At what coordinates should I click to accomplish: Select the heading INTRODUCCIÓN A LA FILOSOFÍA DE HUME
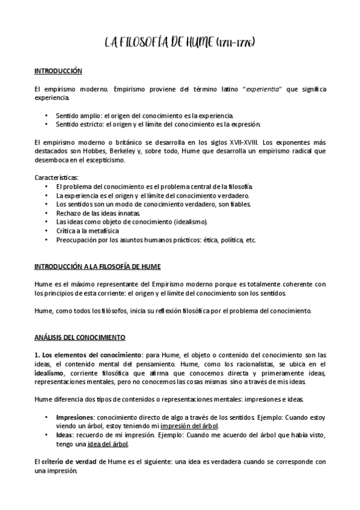97,266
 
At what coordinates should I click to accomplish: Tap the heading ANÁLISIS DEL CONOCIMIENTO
79,339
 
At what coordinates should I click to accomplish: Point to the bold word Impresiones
74,416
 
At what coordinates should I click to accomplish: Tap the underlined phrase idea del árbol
108,444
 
